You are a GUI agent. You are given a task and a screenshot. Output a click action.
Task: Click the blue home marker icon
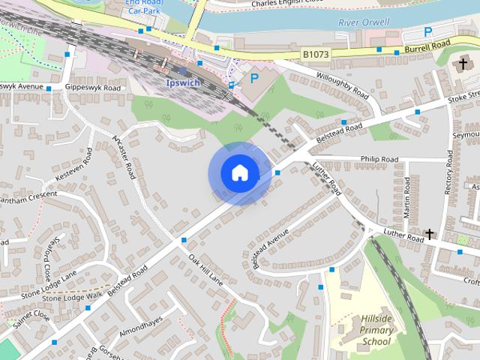tap(239, 173)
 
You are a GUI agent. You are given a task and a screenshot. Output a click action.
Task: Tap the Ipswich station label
tap(182, 82)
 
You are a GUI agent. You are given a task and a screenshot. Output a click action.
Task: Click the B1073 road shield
tap(316, 55)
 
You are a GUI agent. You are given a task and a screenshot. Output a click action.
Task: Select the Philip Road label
tap(379, 159)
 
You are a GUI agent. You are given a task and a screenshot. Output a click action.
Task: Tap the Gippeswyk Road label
tap(93, 88)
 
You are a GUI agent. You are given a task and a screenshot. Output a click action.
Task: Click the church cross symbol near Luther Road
tap(430, 235)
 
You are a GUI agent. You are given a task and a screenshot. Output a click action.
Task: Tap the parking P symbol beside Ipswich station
tap(254, 77)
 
